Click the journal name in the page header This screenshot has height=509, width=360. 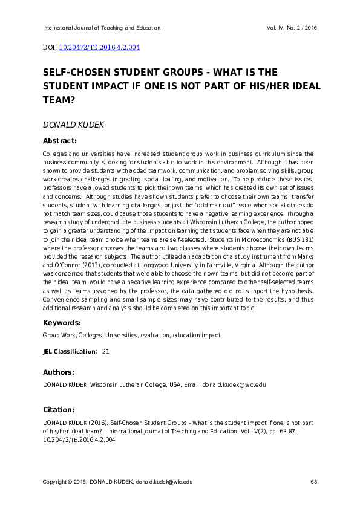coord(102,28)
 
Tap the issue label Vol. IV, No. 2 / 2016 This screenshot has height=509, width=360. coord(292,28)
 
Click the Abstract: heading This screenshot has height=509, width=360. coord(59,141)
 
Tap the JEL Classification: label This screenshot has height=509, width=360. coord(70,351)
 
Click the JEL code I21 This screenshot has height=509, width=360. coord(105,351)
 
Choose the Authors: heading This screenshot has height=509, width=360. coord(59,372)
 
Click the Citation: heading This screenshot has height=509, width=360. coord(58,409)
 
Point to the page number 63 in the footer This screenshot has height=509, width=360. coord(313,481)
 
